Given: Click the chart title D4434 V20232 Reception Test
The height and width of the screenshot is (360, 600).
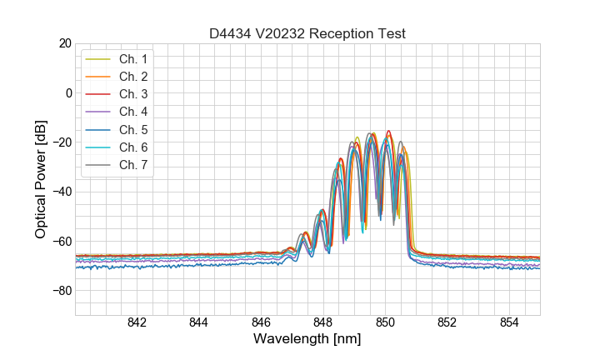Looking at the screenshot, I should [307, 33].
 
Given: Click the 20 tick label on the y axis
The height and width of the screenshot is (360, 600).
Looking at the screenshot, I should [64, 43].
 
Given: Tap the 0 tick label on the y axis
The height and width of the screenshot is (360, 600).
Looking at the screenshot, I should [68, 92].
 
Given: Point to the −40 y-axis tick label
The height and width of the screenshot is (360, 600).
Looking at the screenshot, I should [61, 192].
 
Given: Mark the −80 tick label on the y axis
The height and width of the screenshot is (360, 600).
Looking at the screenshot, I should [61, 291].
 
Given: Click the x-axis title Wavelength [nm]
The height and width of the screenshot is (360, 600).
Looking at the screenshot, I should [307, 340].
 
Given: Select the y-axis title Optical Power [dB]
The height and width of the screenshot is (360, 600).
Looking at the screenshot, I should [41, 179].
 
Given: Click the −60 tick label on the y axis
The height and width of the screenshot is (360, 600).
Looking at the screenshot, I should [61, 242].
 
